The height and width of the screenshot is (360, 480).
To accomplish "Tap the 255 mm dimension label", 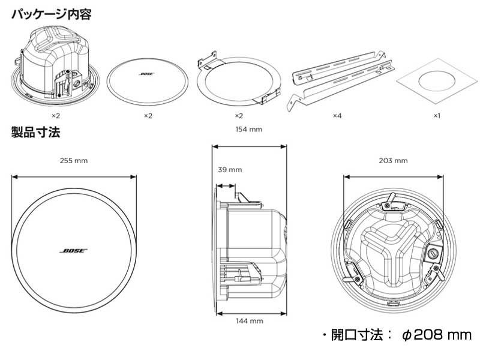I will [73, 161].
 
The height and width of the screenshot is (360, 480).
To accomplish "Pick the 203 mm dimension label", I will [393, 161].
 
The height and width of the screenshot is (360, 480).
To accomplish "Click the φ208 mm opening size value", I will [437, 335].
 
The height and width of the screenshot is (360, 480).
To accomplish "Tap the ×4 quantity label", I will [337, 115].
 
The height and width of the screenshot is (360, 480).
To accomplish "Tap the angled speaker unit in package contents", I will [54, 66].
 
